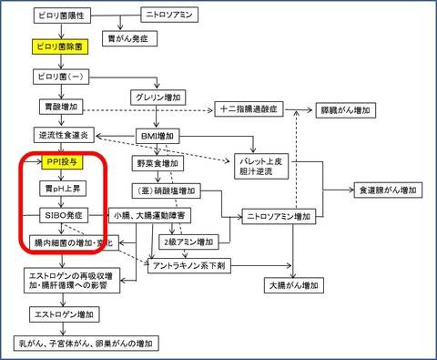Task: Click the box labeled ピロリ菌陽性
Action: point(62,15)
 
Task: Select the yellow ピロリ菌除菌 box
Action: point(60,46)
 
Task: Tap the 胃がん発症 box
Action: point(129,38)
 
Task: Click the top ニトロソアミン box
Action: point(169,15)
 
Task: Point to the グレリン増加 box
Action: point(158,98)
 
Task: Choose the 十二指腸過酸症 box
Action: point(249,109)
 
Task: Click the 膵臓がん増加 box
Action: point(346,110)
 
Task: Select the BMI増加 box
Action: point(158,136)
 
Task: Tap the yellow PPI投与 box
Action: point(62,162)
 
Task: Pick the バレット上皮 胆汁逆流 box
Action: point(261,166)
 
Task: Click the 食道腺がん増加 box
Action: point(388,190)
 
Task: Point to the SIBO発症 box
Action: point(64,215)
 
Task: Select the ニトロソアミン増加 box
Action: point(279,217)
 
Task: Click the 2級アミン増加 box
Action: point(188,242)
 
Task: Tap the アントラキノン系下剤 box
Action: point(189,266)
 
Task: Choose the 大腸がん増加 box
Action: point(294,285)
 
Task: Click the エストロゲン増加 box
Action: point(65,314)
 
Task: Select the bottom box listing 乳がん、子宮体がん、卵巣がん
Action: point(86,344)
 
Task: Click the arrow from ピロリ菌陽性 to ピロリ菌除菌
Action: point(62,31)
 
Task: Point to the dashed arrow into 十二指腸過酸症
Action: point(147,110)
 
